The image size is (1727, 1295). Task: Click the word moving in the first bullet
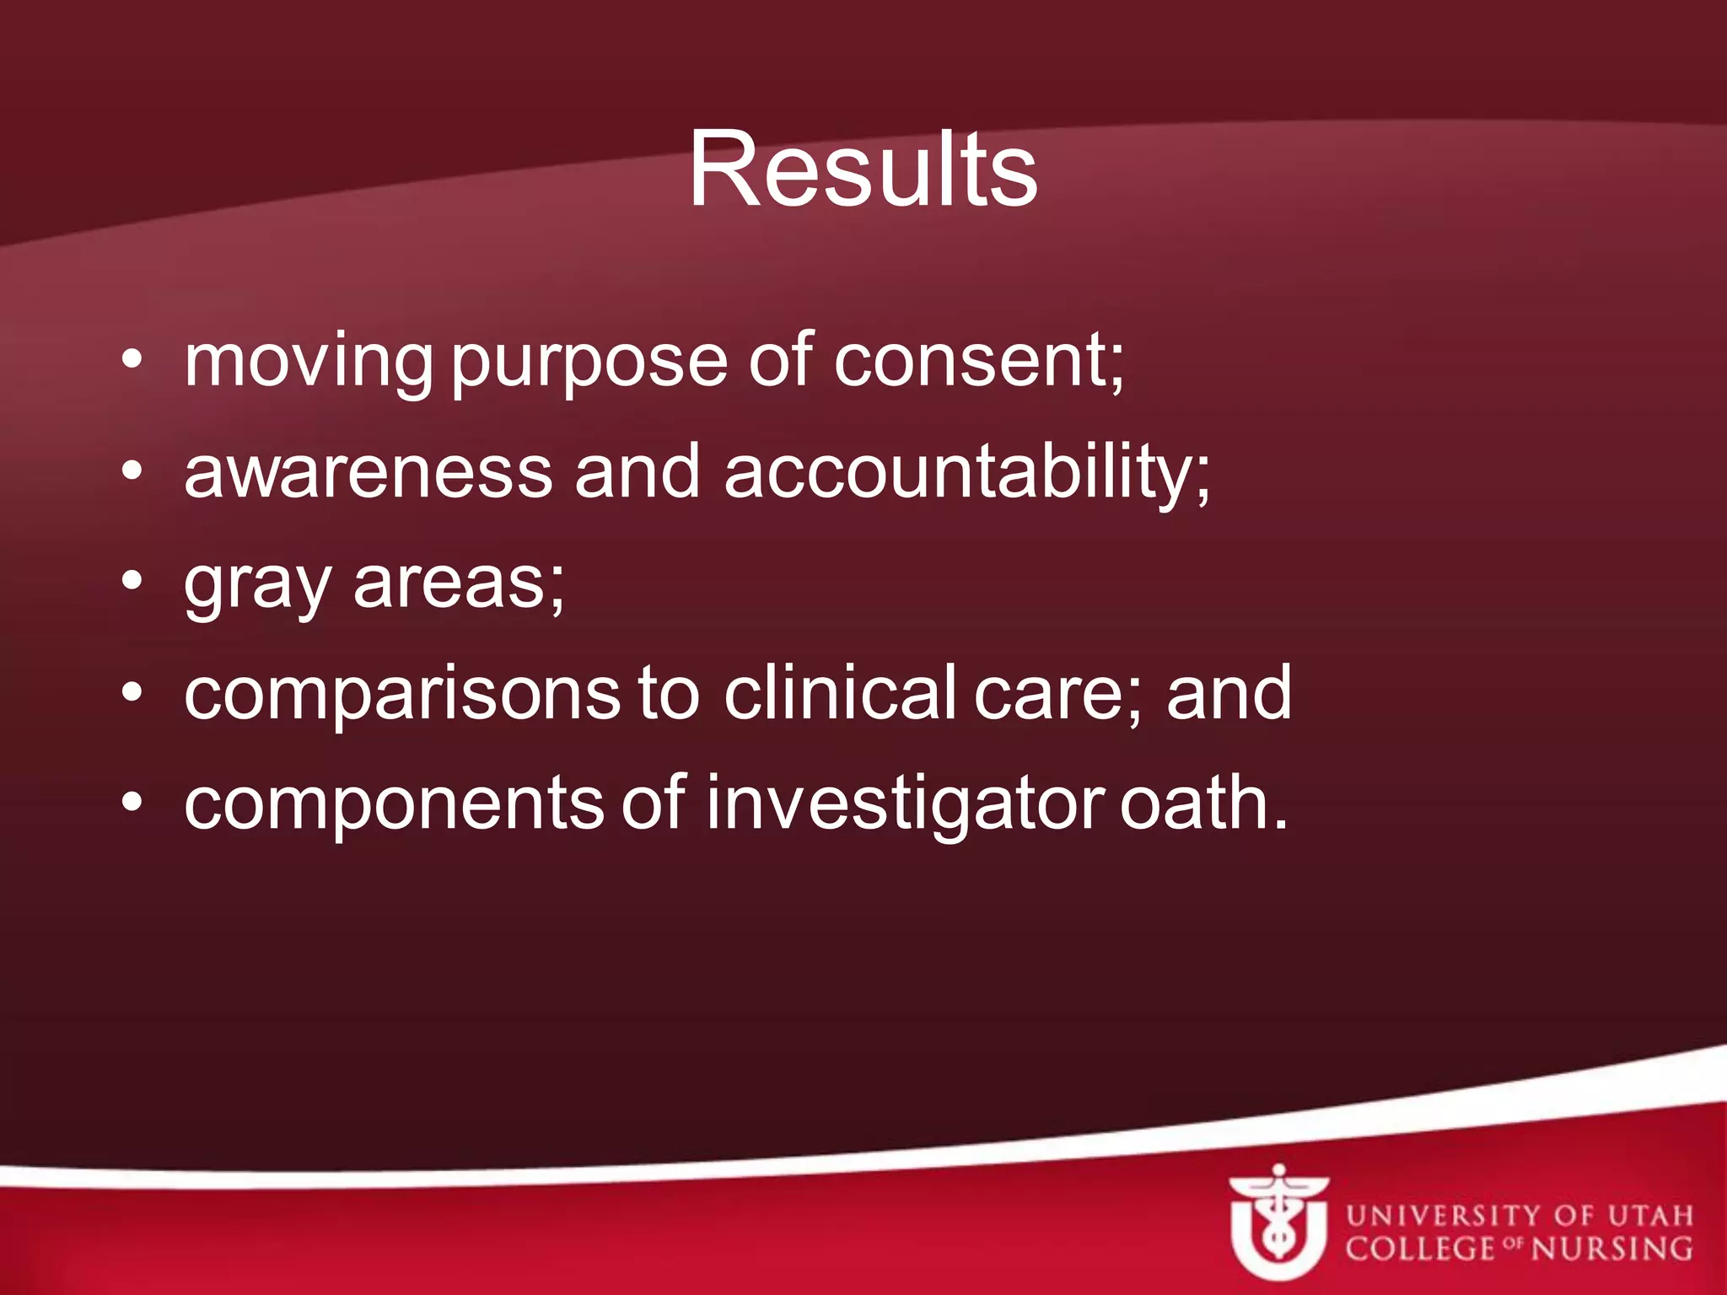click(308, 363)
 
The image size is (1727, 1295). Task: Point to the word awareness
click(369, 472)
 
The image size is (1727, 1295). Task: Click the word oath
click(1202, 803)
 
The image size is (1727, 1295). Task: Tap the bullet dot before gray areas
click(132, 582)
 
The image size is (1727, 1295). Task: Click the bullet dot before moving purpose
click(132, 361)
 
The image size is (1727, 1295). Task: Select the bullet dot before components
click(132, 803)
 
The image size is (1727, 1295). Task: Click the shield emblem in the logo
click(1278, 1222)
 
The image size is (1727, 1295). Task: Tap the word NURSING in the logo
click(1611, 1249)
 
